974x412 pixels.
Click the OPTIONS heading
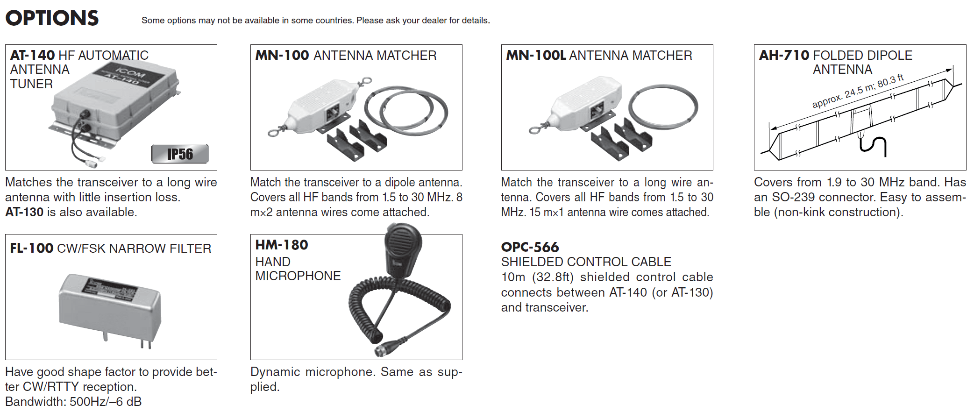pos(52,18)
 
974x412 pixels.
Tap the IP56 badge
pos(180,154)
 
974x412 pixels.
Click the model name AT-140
pos(32,55)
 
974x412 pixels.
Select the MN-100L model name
pos(536,55)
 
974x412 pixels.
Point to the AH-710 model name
pos(784,55)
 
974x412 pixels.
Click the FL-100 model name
pos(31,248)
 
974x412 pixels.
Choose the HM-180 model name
pos(282,245)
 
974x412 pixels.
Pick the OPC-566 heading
pos(530,247)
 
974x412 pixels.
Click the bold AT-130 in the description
pos(24,212)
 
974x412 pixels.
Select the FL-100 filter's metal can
pos(110,307)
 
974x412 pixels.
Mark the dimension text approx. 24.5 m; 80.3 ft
pos(858,91)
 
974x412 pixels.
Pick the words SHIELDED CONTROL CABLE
pos(586,262)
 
